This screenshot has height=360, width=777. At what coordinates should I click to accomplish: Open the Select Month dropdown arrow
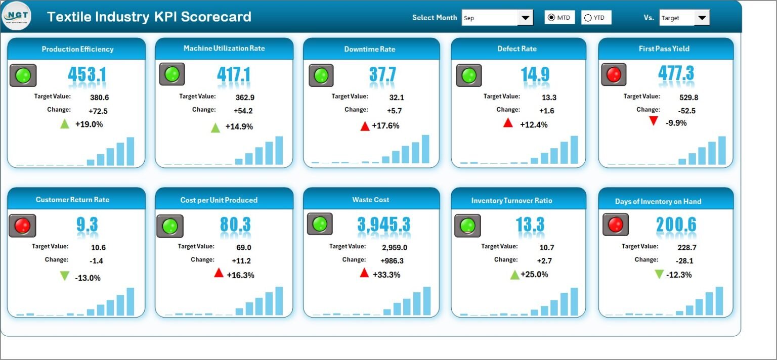tap(525, 18)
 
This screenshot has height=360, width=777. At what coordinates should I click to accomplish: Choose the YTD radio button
tap(588, 18)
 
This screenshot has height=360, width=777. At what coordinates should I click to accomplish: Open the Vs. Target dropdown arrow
tap(702, 18)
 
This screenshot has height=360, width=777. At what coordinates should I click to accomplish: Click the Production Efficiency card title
tap(77, 49)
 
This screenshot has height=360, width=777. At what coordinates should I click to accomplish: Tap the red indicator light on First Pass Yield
tap(614, 75)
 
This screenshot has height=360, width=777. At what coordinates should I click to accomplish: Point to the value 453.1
tap(87, 75)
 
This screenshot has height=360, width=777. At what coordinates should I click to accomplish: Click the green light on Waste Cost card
tap(320, 224)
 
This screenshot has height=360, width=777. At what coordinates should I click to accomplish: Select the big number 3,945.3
tap(384, 224)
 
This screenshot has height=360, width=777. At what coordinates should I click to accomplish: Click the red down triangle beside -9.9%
tap(654, 121)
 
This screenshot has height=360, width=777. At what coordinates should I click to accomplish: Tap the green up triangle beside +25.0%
tap(514, 275)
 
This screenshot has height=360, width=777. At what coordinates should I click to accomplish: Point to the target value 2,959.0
tap(395, 247)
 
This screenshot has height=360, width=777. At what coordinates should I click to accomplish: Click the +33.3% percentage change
tap(386, 275)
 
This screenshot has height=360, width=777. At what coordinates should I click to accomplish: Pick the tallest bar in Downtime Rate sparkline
tap(425, 149)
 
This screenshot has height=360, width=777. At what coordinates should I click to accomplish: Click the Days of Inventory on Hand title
tap(658, 201)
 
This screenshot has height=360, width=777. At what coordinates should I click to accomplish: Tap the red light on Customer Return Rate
tap(22, 226)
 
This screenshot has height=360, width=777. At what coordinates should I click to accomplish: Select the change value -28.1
tap(685, 260)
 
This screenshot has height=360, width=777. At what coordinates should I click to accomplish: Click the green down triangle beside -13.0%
tap(64, 276)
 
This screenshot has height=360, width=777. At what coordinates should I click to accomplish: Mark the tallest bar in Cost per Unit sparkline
tap(279, 301)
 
